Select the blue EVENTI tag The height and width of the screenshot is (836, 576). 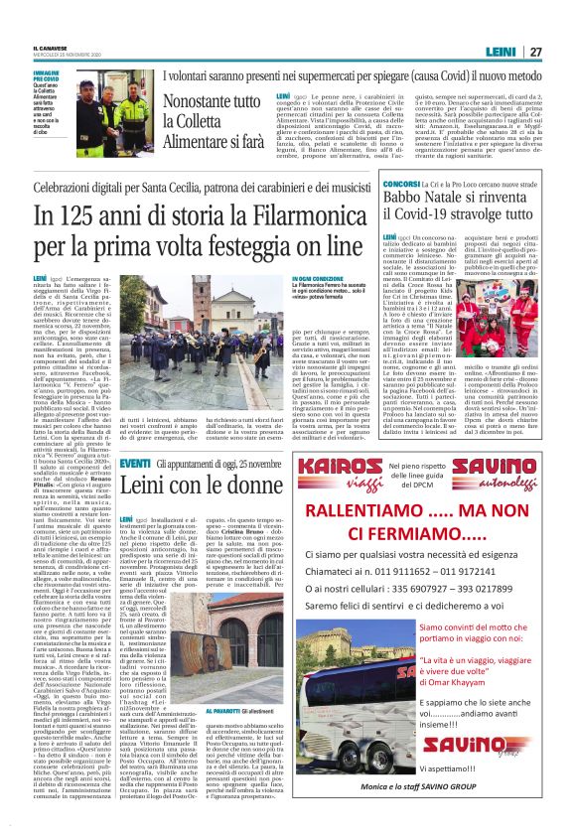134,464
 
